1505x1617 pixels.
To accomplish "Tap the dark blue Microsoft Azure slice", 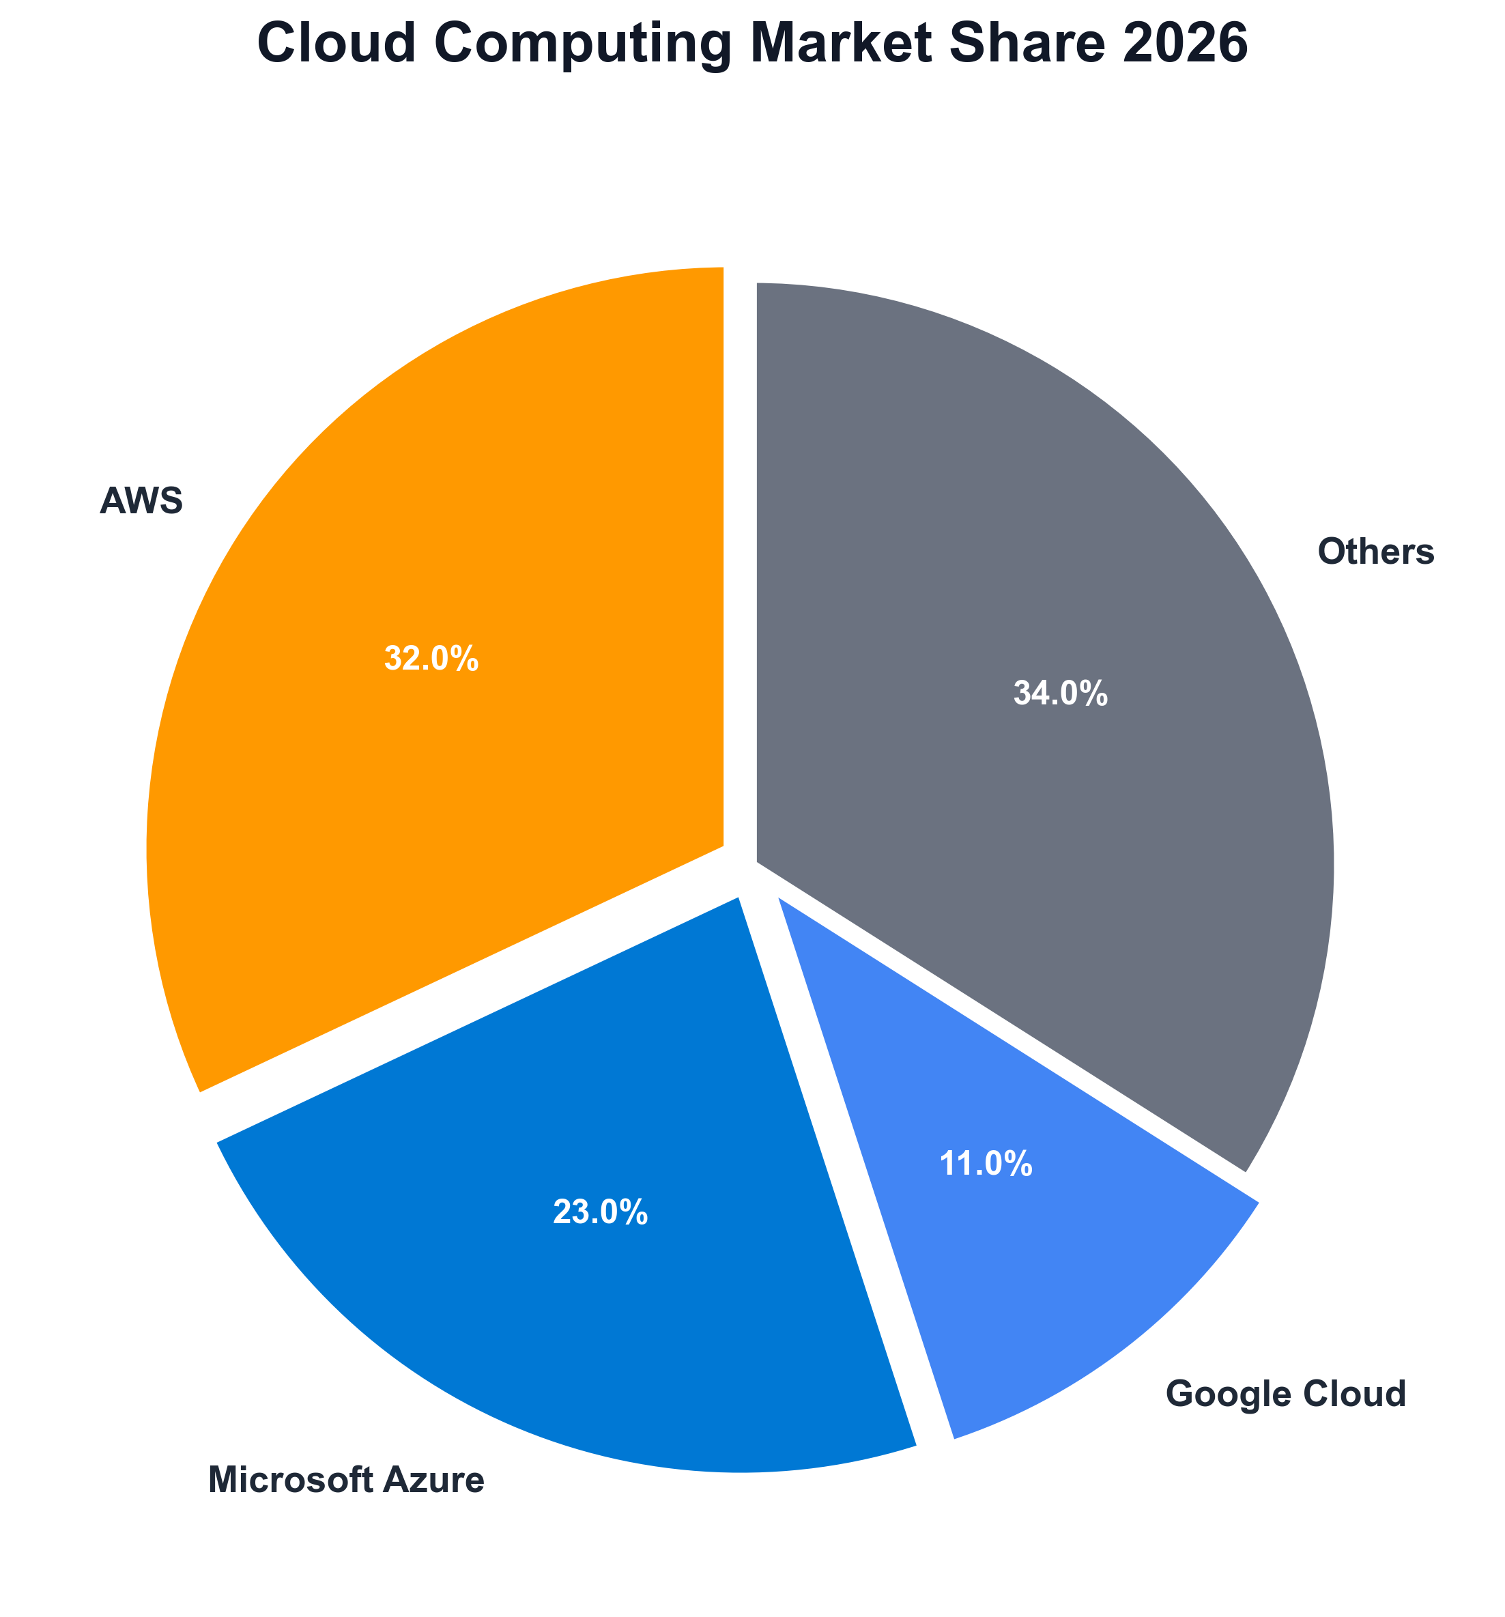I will click(569, 1302).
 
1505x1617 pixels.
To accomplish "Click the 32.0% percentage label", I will click(431, 659).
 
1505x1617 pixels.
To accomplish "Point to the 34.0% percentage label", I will click(1060, 693).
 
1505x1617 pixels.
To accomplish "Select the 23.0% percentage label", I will click(601, 1213).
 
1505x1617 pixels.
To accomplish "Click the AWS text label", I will click(141, 501).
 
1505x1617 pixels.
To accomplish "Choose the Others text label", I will click(1375, 552).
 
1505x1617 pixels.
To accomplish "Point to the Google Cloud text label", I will click(1285, 1394).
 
